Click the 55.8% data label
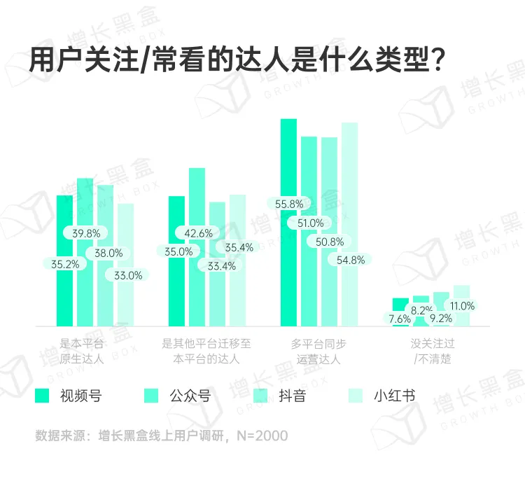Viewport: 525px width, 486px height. pyautogui.click(x=289, y=204)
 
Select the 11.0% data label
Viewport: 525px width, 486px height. pyautogui.click(x=462, y=306)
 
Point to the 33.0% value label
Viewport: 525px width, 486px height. pyautogui.click(x=128, y=275)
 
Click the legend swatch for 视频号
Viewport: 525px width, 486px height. pyautogui.click(x=43, y=396)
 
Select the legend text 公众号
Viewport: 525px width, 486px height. pyautogui.click(x=190, y=396)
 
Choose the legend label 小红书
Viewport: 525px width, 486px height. pyautogui.click(x=394, y=396)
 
